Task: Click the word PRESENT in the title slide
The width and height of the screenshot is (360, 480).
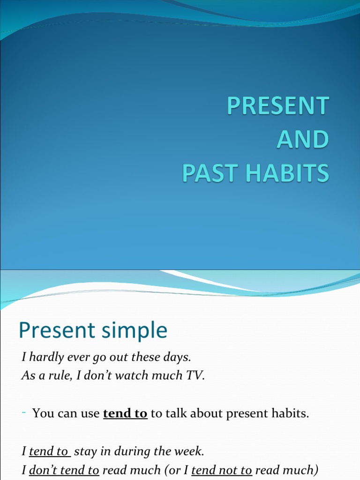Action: [278, 105]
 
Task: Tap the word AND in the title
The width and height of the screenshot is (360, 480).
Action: [302, 140]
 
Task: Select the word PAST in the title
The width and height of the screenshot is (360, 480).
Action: [205, 173]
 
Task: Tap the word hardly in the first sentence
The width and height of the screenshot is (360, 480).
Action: [45, 357]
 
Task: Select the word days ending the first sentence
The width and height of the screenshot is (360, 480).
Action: [180, 357]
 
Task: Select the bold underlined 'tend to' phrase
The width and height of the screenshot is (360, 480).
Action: [125, 414]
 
